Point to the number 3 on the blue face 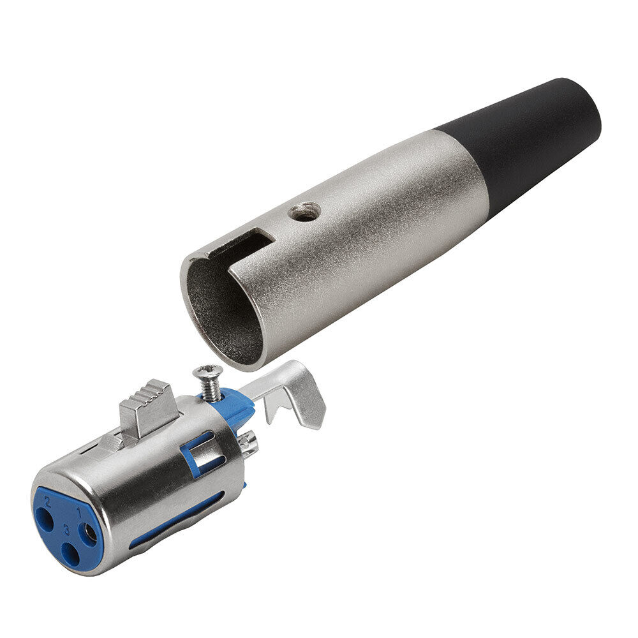67,531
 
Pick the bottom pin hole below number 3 70,551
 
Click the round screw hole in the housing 304,212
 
